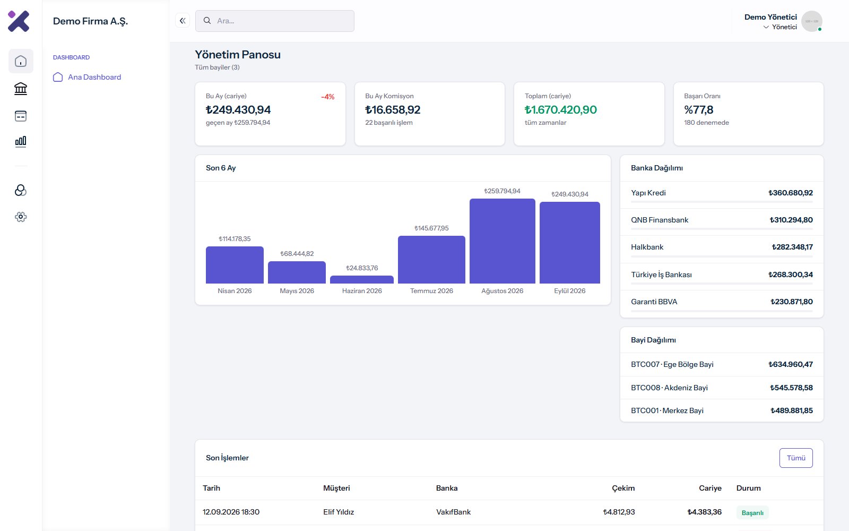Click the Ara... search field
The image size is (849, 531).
274,21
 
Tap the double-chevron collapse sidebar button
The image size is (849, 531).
183,21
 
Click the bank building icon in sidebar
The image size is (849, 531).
21,88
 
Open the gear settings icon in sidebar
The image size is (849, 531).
21,217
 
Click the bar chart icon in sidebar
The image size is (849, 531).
21,141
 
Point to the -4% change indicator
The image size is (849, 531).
328,97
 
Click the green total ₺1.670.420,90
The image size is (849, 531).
560,109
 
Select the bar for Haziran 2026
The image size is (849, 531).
362,279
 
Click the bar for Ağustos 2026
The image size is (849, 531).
502,241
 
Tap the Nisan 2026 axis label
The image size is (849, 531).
235,291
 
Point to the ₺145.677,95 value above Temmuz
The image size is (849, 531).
431,228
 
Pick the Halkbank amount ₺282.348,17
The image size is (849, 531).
792,247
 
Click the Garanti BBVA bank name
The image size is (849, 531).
654,302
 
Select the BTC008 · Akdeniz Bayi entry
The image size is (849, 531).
669,388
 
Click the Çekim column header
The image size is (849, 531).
623,488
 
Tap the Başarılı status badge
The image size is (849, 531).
752,513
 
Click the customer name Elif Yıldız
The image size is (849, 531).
339,512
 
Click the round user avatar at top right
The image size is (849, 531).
811,21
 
